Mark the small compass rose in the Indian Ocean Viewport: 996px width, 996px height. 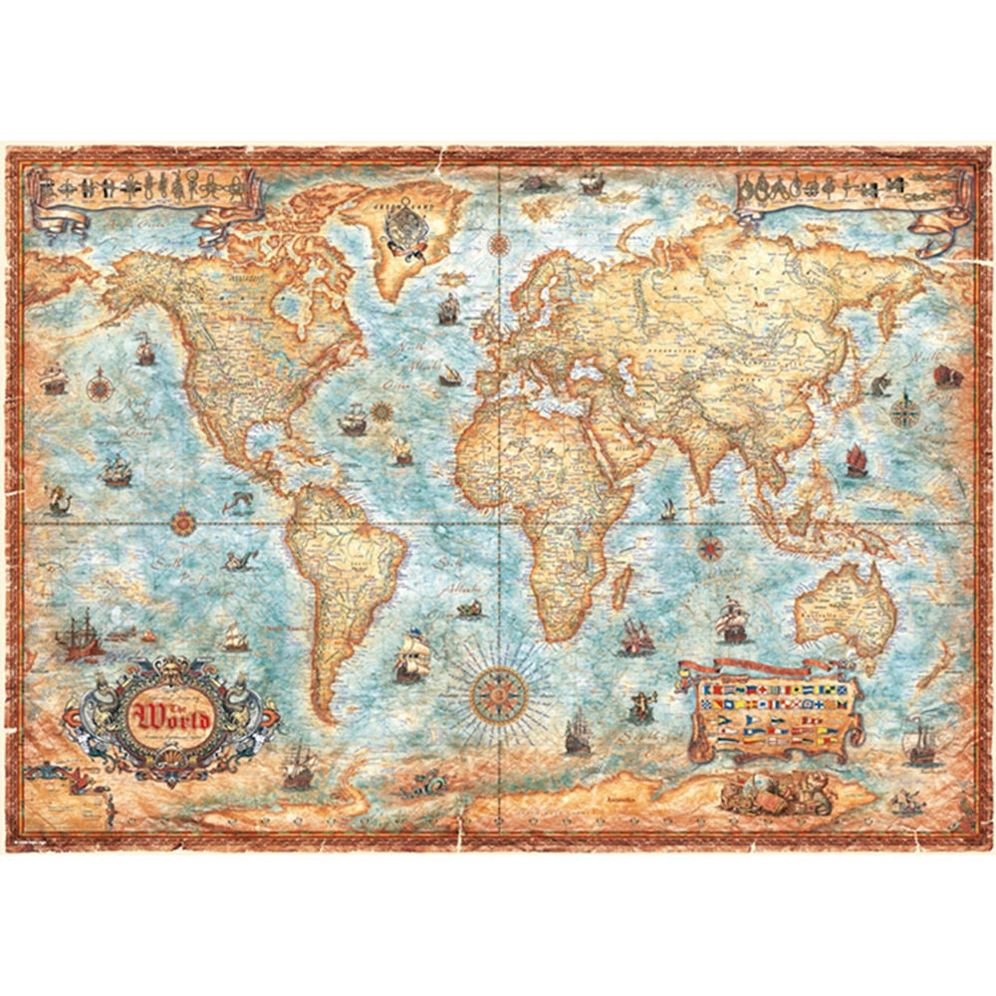(x=710, y=547)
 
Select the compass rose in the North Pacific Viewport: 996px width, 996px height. (x=100, y=382)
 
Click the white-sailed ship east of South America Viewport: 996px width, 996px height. (x=410, y=660)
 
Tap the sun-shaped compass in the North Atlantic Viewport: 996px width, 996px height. (x=379, y=408)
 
